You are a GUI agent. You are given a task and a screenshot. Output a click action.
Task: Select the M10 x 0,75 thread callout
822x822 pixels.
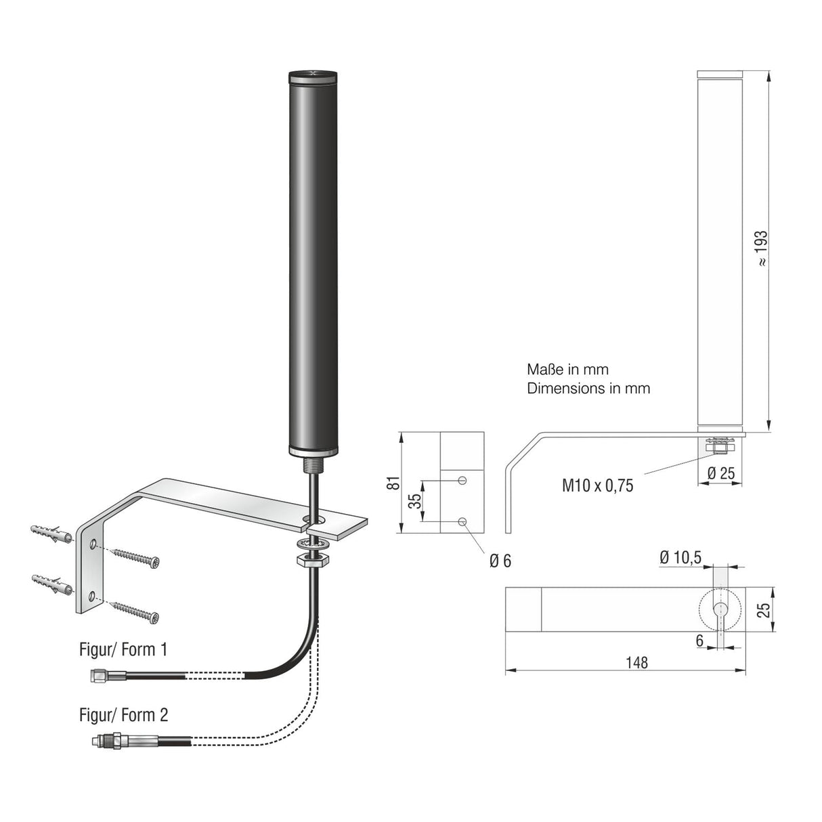[x=597, y=485]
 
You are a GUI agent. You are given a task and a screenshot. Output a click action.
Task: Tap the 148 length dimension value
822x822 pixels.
[x=636, y=662]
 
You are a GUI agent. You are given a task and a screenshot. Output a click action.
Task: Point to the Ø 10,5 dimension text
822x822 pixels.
[x=680, y=557]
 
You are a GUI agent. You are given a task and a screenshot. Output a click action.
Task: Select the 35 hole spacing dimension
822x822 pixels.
[x=414, y=500]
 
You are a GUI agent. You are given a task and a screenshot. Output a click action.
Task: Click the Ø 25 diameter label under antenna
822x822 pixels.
[x=720, y=473]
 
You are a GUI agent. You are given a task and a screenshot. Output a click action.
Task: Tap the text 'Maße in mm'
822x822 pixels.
[x=567, y=370]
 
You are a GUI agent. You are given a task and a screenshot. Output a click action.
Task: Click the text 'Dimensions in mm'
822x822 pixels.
[x=588, y=389]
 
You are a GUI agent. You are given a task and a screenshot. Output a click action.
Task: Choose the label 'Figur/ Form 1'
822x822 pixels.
[x=123, y=650]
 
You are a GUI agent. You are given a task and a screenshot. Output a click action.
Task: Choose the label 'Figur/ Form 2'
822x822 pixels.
[x=123, y=715]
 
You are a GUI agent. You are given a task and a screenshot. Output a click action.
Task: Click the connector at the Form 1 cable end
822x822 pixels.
[x=107, y=675]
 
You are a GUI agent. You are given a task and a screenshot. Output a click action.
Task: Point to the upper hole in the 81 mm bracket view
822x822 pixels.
[x=462, y=480]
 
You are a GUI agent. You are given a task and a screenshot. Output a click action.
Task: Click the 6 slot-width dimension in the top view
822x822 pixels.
[x=699, y=640]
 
